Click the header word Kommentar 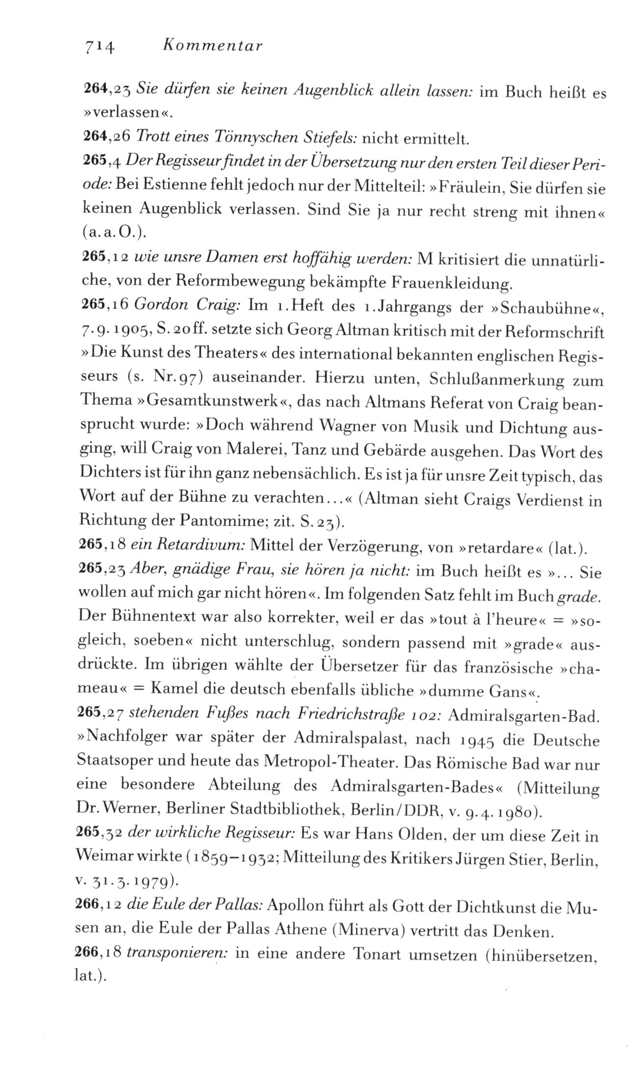(212, 46)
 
